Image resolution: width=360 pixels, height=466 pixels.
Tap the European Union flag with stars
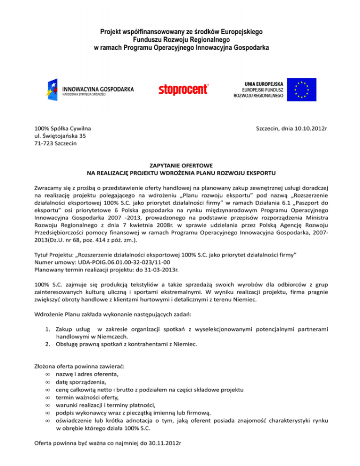[301, 88]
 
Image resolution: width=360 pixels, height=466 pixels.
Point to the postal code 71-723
[45, 143]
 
